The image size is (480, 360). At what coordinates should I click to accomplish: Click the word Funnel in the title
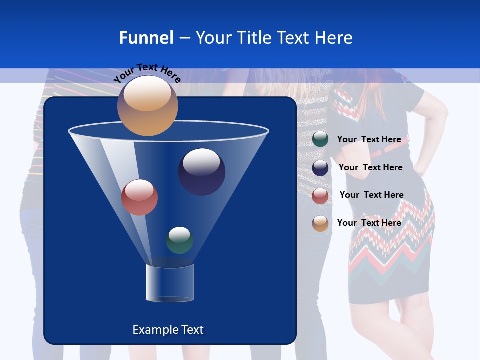coord(146,38)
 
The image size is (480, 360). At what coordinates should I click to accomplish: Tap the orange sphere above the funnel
coord(147,105)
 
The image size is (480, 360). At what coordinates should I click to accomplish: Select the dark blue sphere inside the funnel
coord(201,171)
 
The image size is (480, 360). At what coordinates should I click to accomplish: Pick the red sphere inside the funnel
coord(139,197)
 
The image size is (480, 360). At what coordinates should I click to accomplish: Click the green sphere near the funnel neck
coord(179,240)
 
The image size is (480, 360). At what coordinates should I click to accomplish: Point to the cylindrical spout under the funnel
coord(169,283)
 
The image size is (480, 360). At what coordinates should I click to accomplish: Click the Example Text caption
coord(168,330)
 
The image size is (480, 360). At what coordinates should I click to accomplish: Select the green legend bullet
coord(320,139)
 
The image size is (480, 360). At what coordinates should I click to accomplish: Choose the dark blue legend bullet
coord(320,168)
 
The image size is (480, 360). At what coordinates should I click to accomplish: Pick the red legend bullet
coord(320,196)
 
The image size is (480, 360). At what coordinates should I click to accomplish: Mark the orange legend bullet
coord(320,223)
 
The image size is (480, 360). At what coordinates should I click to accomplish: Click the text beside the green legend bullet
coord(369,139)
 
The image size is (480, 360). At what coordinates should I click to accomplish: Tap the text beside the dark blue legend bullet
coord(370,167)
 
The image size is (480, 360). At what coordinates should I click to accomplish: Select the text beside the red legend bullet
coord(371,195)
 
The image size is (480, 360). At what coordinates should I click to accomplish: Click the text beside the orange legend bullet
coord(369,223)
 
